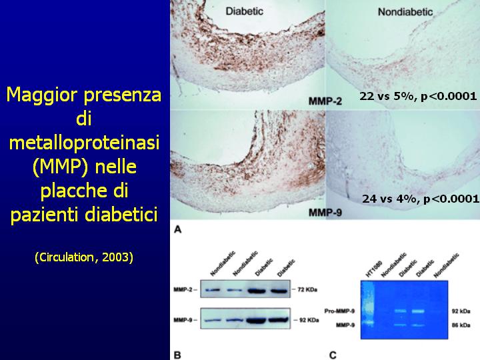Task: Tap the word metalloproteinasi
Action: pyautogui.click(x=84, y=143)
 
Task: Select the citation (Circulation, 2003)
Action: pyautogui.click(x=84, y=257)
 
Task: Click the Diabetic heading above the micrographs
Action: pyautogui.click(x=244, y=11)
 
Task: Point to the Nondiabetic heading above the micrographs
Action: pyautogui.click(x=405, y=12)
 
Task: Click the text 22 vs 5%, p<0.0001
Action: pyautogui.click(x=418, y=97)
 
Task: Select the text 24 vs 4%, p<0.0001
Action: pyautogui.click(x=420, y=199)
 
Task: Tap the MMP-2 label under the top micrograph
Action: pyautogui.click(x=325, y=101)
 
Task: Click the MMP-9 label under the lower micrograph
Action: pyautogui.click(x=325, y=212)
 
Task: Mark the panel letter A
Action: pyautogui.click(x=177, y=229)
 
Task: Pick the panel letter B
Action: pyautogui.click(x=177, y=355)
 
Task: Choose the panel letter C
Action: pyautogui.click(x=333, y=355)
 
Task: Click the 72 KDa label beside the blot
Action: pyautogui.click(x=307, y=289)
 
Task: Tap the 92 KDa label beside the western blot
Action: pyautogui.click(x=309, y=320)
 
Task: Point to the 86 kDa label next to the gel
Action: pyautogui.click(x=461, y=325)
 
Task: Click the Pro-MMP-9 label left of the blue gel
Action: pyautogui.click(x=339, y=311)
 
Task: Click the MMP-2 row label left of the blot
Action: pyautogui.click(x=183, y=289)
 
